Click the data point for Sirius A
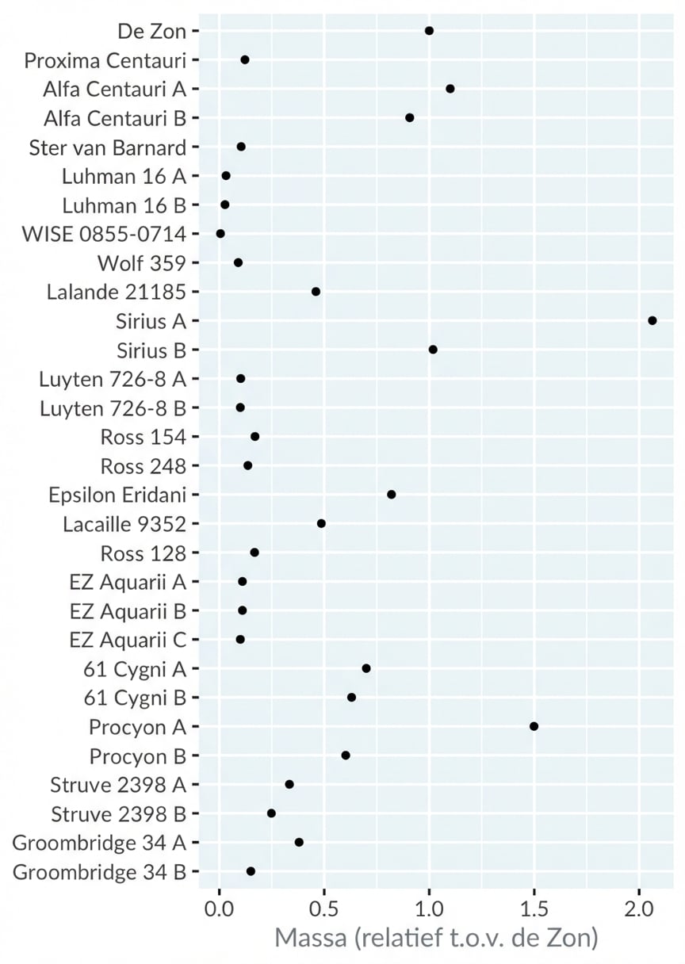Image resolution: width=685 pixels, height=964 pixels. pyautogui.click(x=652, y=320)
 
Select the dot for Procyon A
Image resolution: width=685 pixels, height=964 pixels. pyautogui.click(x=534, y=726)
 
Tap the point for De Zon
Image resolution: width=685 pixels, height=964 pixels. pyautogui.click(x=429, y=31)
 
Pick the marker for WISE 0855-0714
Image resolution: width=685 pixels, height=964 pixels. pyautogui.click(x=220, y=234)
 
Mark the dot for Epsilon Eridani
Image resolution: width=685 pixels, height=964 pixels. pyautogui.click(x=391, y=495)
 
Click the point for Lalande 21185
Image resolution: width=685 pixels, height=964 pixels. pyautogui.click(x=316, y=292)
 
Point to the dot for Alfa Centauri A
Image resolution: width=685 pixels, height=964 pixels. pyautogui.click(x=450, y=89)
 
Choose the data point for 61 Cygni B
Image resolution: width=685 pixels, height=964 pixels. pyautogui.click(x=351, y=698)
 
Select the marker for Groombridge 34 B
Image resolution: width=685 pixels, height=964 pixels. pyautogui.click(x=251, y=871)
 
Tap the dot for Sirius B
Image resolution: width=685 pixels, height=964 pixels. pyautogui.click(x=433, y=350)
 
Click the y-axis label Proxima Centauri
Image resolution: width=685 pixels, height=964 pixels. pyautogui.click(x=105, y=60)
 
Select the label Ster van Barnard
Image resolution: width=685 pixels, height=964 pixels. pyautogui.click(x=107, y=147)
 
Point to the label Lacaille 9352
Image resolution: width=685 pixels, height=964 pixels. pyautogui.click(x=124, y=524)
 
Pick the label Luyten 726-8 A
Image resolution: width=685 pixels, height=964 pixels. pyautogui.click(x=112, y=379)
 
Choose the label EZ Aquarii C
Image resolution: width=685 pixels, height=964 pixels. pyautogui.click(x=128, y=640)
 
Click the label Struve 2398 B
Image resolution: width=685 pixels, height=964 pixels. pyautogui.click(x=118, y=814)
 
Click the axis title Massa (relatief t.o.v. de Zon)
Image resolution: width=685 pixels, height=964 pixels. pyautogui.click(x=436, y=939)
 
